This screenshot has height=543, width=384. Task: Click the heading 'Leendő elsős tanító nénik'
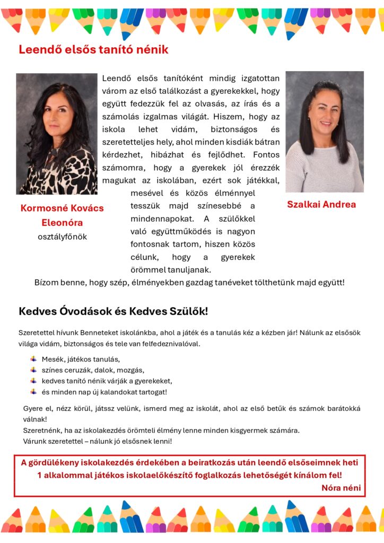tap(93, 50)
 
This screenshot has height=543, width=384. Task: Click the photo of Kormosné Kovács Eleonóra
tap(57, 134)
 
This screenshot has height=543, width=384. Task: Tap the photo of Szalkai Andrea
tap(325, 132)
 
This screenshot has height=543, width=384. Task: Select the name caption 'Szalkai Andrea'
tap(321, 205)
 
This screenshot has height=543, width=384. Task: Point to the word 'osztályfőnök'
tap(62, 237)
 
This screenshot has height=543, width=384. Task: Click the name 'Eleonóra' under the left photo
tap(62, 223)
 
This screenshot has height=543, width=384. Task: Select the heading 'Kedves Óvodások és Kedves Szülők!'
tap(114, 311)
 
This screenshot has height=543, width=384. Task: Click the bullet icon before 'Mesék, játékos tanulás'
tap(33, 359)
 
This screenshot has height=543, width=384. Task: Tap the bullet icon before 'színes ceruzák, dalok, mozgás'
tap(33, 370)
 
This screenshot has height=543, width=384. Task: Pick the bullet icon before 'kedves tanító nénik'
tap(33, 381)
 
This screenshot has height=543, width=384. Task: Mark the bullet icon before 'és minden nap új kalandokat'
tap(33, 392)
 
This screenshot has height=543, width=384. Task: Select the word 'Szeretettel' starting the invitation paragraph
tap(37, 333)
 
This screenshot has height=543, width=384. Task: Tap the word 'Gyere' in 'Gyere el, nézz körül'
tap(33, 409)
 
